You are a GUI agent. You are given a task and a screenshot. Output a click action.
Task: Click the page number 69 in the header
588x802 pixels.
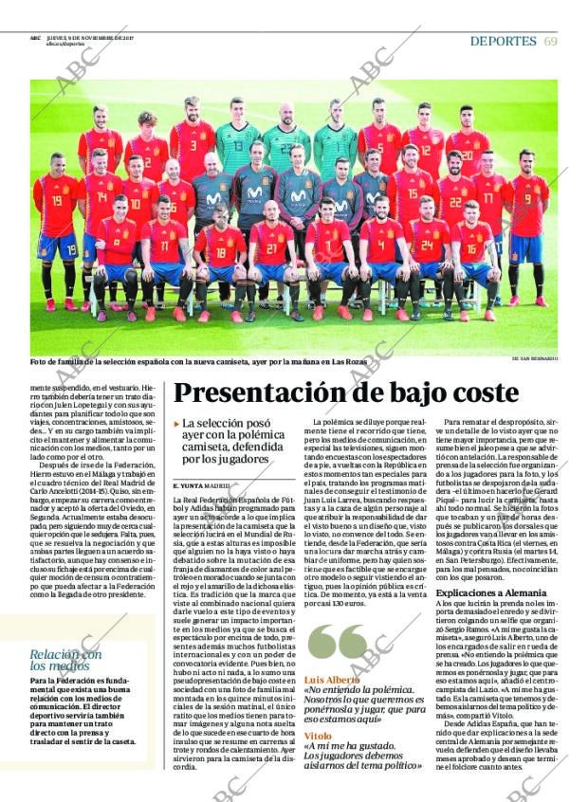point(550,41)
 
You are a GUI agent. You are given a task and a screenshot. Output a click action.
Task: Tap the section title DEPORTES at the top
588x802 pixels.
point(503,41)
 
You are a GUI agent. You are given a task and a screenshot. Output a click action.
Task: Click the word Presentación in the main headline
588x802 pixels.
point(285,392)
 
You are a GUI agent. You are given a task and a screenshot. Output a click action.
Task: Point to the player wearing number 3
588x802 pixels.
point(193,147)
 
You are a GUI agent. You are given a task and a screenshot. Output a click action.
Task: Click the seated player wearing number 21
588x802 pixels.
point(272,251)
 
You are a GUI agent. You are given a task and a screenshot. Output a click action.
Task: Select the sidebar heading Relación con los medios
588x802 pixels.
point(65,660)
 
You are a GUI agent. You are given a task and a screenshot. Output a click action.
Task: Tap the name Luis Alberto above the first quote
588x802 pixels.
point(331,679)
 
